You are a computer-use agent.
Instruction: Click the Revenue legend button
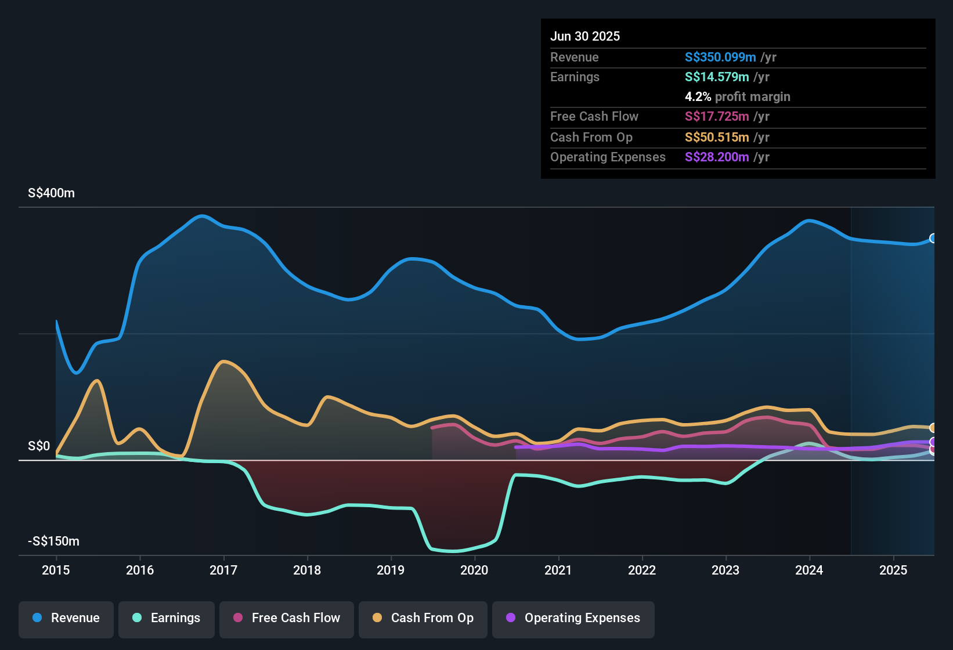[x=66, y=618]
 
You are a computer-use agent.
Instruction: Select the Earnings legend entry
[x=167, y=618]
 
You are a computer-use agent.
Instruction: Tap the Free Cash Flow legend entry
[x=287, y=618]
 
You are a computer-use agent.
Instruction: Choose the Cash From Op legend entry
[x=423, y=618]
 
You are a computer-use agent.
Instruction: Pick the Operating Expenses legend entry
[x=573, y=618]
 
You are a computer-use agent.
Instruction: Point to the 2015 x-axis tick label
[x=56, y=570]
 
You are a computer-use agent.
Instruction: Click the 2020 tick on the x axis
[x=474, y=570]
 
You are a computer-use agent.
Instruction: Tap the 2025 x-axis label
[x=893, y=570]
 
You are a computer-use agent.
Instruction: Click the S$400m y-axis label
[x=51, y=193]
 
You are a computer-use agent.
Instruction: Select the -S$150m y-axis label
[x=53, y=541]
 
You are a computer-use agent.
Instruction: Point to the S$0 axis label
[x=39, y=446]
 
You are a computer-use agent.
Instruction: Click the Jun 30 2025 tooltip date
[x=585, y=37]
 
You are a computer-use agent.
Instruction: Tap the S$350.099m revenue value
[x=720, y=57]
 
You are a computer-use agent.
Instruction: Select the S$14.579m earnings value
[x=716, y=77]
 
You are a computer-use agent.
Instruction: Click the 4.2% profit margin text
[x=737, y=97]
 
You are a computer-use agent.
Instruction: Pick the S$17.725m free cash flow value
[x=716, y=117]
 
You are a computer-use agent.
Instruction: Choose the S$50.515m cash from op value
[x=716, y=138]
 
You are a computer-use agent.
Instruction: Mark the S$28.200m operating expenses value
[x=716, y=157]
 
